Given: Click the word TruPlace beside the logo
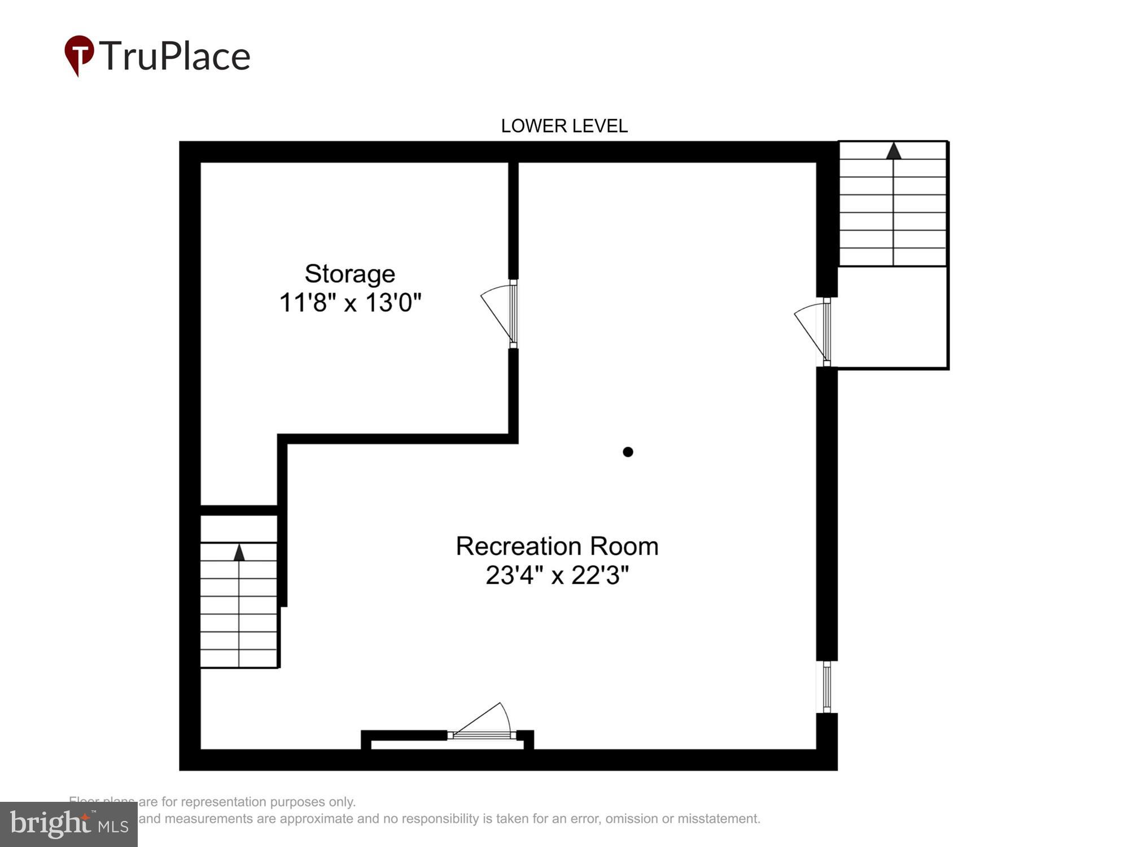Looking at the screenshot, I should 176,56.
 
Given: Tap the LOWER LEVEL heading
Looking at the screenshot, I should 564,126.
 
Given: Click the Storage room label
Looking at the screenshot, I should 349,274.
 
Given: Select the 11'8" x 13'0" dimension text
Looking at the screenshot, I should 350,303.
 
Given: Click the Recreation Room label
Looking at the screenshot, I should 557,546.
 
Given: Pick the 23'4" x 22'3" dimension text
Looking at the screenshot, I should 557,575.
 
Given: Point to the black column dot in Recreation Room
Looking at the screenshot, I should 628,452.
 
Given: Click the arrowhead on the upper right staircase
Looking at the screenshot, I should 893,151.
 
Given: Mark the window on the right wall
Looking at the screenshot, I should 827,687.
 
